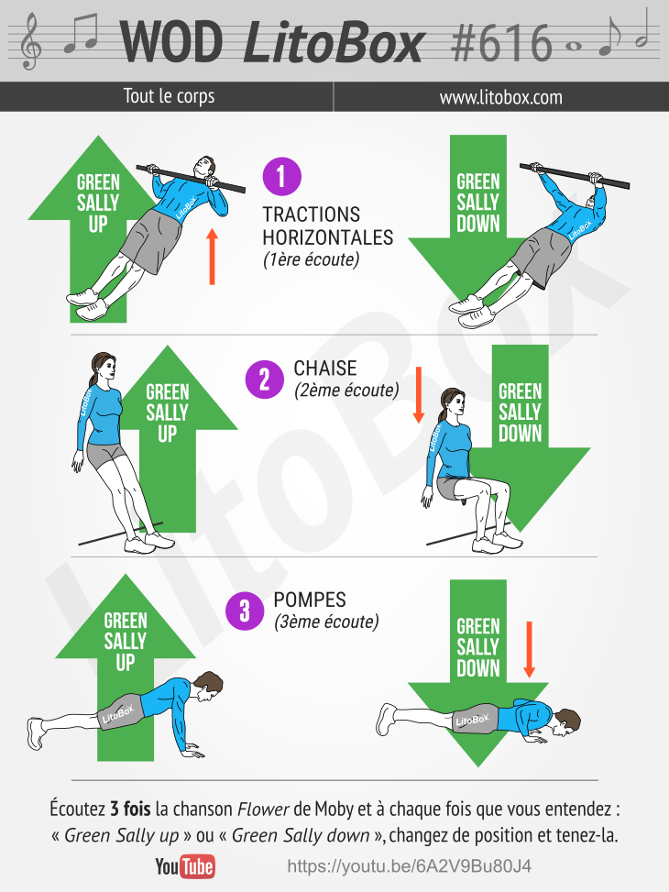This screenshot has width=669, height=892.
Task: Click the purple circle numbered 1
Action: point(281,176)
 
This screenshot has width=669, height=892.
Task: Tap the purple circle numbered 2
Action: point(265,380)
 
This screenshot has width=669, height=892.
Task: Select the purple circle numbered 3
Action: point(245,611)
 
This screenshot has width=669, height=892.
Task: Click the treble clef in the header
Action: point(30,42)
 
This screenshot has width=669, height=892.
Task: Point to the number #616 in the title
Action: point(501,43)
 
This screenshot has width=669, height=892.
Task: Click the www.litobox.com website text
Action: point(500,97)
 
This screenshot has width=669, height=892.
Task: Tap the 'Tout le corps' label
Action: point(169,96)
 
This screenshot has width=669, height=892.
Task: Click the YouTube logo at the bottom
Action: point(185,867)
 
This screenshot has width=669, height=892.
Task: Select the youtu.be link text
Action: point(409,866)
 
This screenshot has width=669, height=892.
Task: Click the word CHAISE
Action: point(324,368)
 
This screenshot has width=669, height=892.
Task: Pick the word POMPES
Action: point(310,600)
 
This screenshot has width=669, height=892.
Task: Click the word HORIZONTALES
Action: point(328,237)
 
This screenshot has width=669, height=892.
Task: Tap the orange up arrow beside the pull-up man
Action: point(213,257)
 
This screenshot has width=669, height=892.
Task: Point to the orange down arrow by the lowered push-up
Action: point(529,650)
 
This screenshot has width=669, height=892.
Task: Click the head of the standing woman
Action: point(103,368)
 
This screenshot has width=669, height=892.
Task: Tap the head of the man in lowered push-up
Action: point(566,722)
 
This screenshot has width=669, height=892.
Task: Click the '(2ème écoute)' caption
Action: point(346,391)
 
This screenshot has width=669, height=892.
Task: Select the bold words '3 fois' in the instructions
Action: point(130,809)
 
